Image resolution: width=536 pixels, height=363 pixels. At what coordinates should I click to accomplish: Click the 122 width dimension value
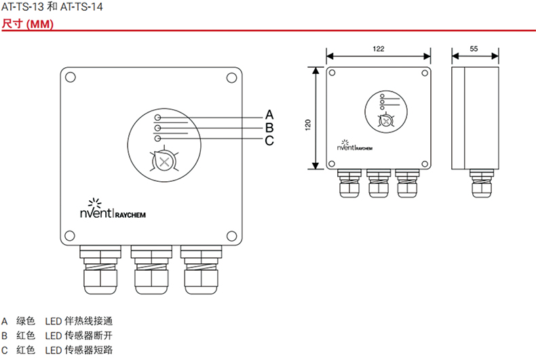(379, 49)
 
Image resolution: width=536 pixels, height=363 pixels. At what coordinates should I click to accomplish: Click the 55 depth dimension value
(474, 49)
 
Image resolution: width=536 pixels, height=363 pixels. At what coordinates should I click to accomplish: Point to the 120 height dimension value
(308, 125)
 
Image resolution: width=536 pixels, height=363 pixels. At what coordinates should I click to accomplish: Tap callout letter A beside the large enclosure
(269, 115)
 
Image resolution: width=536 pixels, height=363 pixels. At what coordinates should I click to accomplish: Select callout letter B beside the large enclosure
(269, 128)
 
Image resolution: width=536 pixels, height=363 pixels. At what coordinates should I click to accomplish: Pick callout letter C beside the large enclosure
(269, 140)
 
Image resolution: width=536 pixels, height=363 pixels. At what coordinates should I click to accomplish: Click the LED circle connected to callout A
(157, 117)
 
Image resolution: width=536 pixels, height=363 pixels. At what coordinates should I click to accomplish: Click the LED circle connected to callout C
(157, 138)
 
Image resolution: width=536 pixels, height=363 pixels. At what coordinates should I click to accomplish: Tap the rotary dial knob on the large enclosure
(164, 162)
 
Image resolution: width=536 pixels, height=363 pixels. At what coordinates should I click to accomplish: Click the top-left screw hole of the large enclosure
(71, 77)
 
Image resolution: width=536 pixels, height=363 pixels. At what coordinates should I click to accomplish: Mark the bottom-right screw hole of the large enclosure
(232, 236)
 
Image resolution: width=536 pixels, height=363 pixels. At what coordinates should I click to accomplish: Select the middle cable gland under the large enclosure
(151, 269)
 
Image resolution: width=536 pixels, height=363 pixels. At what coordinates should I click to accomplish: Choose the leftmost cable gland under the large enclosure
(100, 269)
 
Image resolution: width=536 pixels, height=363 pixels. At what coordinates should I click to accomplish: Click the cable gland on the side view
(482, 183)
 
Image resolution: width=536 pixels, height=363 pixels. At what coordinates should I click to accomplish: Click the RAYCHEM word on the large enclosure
(130, 215)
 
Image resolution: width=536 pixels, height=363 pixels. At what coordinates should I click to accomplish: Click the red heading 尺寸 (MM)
(28, 24)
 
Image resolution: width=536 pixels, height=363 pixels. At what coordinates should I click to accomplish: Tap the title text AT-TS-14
(81, 7)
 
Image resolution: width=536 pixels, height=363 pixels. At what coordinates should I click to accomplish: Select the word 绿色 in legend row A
(26, 321)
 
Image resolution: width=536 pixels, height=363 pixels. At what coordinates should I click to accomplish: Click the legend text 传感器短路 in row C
(88, 350)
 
